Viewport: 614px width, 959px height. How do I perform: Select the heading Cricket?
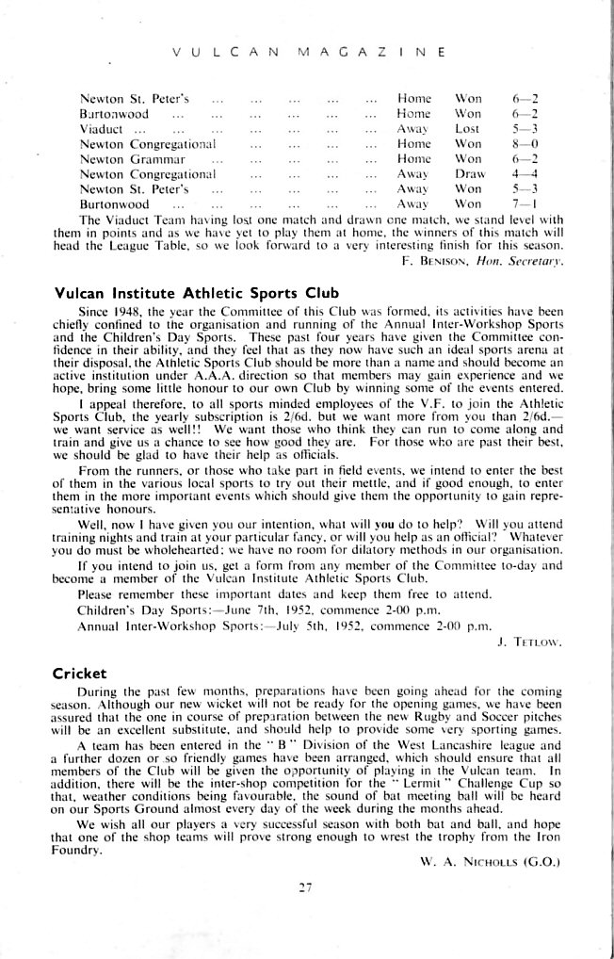click(x=81, y=674)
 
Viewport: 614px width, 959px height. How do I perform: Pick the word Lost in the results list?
click(x=468, y=128)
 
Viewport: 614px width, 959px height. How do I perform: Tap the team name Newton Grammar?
click(x=127, y=159)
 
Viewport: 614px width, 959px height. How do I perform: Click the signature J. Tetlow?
click(x=538, y=646)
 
